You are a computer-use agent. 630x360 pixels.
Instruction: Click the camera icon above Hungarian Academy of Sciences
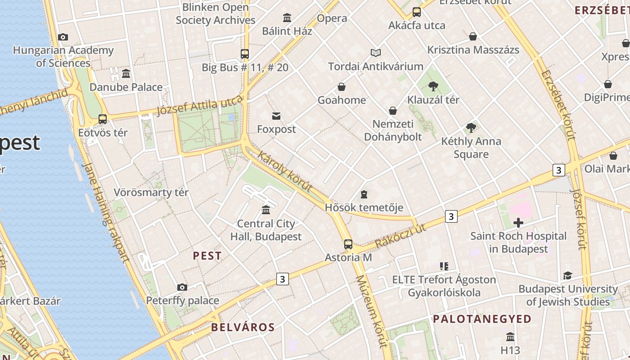(63, 37)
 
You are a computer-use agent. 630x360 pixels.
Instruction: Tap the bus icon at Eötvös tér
(103, 119)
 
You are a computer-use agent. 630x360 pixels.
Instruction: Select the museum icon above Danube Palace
(126, 73)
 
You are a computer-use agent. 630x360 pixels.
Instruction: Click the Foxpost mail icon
(276, 116)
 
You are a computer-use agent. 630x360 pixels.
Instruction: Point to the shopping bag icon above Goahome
(342, 87)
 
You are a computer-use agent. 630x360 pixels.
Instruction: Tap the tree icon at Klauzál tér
(433, 86)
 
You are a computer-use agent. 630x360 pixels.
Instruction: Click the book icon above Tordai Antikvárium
(376, 53)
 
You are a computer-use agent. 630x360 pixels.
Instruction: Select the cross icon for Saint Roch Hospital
(518, 222)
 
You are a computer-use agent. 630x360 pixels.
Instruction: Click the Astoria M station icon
(348, 244)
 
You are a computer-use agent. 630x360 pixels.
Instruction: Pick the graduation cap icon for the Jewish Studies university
(567, 275)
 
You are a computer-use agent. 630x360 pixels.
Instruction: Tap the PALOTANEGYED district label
(482, 319)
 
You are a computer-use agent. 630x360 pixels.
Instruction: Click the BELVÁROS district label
(243, 327)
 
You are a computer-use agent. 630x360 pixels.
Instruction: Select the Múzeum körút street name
(371, 311)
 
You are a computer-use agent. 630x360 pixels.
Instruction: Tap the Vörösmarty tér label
(151, 192)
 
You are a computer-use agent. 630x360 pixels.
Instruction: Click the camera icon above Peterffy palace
(182, 287)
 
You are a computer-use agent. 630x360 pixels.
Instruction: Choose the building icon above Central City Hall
(266, 210)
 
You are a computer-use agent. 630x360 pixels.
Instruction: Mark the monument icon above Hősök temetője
(364, 194)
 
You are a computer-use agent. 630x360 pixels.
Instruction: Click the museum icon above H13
(510, 337)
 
